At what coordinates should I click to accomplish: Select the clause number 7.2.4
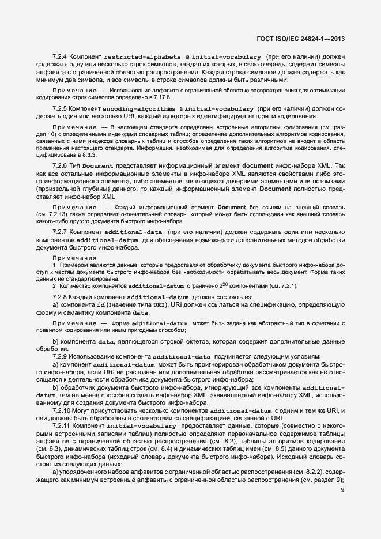tap(61, 58)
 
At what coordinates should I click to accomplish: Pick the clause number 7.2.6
tap(61, 165)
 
